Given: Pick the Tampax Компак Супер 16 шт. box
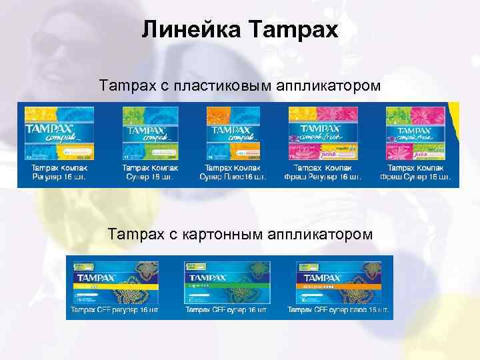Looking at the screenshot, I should (146, 134).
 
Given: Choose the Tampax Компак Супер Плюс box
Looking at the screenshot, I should (233, 134).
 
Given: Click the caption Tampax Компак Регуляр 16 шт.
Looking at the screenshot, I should (59, 173).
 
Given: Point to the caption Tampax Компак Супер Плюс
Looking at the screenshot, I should (233, 173).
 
